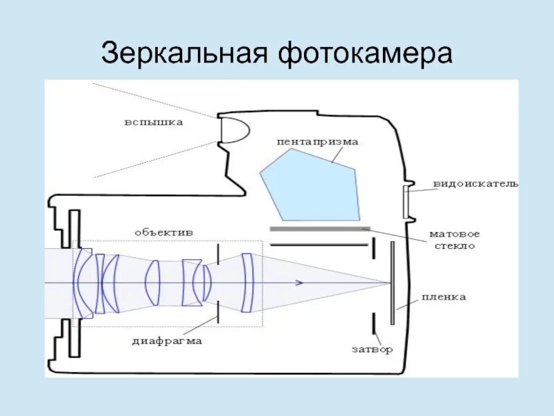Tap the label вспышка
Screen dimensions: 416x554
click(154, 123)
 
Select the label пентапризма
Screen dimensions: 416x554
click(318, 141)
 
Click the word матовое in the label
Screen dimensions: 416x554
click(454, 234)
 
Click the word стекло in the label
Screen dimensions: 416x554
click(454, 246)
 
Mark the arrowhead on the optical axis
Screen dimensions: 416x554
click(298, 283)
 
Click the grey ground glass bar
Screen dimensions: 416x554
click(319, 228)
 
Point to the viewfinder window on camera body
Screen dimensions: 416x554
click(407, 200)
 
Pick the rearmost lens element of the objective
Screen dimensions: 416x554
click(247, 283)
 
